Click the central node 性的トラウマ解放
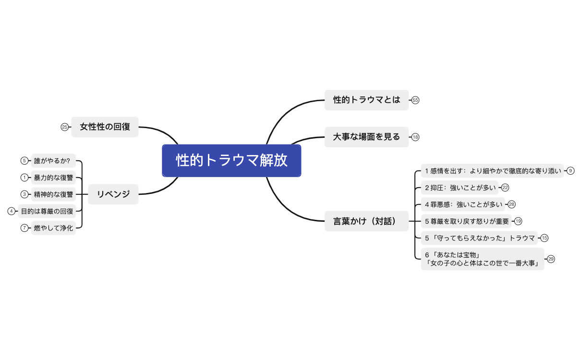[x=231, y=161]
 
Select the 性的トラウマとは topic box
[x=366, y=100]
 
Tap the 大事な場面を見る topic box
[x=366, y=137]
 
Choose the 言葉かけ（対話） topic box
[x=366, y=221]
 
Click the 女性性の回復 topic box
[x=105, y=127]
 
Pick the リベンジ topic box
[x=113, y=194]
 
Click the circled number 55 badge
[x=415, y=100]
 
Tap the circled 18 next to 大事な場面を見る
[x=415, y=137]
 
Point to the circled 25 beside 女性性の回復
[x=65, y=127]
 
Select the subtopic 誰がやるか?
[x=52, y=161]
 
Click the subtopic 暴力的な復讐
[x=53, y=178]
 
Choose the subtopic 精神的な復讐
[x=53, y=194]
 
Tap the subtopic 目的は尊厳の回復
[x=47, y=211]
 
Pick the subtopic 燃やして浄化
[x=53, y=228]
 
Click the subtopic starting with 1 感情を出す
[x=493, y=170]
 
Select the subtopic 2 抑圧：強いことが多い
[x=460, y=187]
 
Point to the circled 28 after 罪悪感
[x=511, y=204]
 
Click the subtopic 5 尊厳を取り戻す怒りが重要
[x=466, y=221]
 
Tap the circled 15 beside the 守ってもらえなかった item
[x=544, y=238]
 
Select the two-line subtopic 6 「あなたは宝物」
[x=482, y=259]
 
